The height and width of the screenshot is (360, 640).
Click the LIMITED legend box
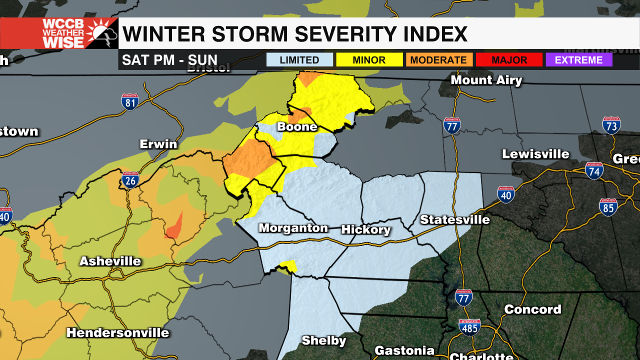tap(299, 60)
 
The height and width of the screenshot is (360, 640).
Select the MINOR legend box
tap(369, 60)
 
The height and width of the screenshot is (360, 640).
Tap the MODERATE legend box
tap(438, 60)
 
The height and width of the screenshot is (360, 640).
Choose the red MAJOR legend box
tap(508, 60)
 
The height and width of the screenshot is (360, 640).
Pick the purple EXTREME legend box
tap(578, 60)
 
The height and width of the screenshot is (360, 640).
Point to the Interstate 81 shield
tap(130, 102)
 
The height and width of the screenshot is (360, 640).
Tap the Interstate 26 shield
tap(130, 180)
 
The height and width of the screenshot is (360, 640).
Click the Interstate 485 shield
tap(469, 327)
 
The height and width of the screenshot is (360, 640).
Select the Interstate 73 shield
tap(611, 125)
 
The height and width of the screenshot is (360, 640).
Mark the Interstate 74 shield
tap(594, 171)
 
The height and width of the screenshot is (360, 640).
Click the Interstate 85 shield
tap(608, 207)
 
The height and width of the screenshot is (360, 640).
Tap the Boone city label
tap(297, 127)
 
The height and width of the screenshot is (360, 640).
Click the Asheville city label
tap(110, 261)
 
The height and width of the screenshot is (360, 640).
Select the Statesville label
tap(454, 220)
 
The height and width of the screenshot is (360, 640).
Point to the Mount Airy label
tap(486, 80)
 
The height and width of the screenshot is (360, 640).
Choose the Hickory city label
tap(365, 230)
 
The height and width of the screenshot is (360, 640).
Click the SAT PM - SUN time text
tap(170, 60)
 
